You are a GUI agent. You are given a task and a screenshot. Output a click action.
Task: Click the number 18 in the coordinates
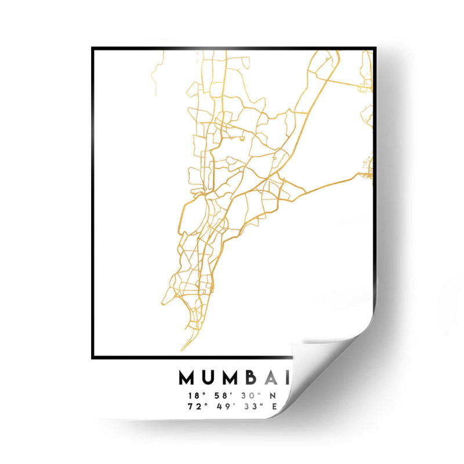(194, 396)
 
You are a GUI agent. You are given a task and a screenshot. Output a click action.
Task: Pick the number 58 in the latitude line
(220, 396)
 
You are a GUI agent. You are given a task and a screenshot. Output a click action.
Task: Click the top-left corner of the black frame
(93, 49)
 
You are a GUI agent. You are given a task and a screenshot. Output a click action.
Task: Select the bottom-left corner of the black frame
(93, 357)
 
